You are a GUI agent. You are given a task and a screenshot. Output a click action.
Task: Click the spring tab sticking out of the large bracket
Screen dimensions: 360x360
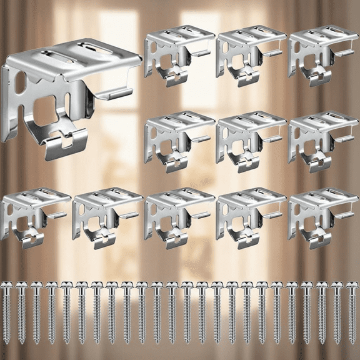coord(112,94)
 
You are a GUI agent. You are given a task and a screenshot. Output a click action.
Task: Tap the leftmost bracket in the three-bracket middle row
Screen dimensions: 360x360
coord(177,140)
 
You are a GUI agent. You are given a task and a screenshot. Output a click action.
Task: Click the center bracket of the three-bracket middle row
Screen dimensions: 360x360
coord(249,140)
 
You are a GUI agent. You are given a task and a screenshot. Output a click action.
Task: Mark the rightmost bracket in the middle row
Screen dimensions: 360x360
coord(322,140)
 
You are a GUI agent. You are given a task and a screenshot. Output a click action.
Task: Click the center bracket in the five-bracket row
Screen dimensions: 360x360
coord(177,216)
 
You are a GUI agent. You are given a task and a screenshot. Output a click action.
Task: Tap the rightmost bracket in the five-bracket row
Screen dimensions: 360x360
coord(322,216)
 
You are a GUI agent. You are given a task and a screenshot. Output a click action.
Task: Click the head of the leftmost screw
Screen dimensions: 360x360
coord(6,286)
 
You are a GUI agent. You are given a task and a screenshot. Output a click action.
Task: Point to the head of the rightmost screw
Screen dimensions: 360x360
coord(352,286)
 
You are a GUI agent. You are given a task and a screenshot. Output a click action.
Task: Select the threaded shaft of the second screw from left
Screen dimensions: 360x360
coord(21,319)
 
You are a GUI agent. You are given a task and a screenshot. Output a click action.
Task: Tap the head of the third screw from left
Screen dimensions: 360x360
coord(36,286)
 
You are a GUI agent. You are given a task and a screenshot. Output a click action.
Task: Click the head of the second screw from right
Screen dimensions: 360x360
coord(337,286)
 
